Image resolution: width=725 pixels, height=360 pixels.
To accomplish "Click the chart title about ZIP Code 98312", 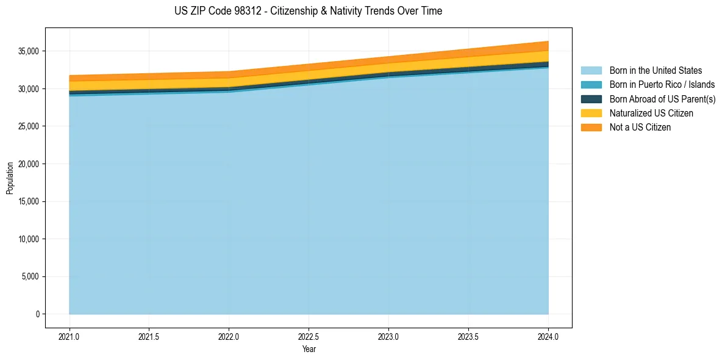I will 308,11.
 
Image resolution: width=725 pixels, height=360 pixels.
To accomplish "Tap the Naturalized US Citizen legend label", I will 651,113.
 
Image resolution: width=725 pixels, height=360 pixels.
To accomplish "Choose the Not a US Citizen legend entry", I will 640,128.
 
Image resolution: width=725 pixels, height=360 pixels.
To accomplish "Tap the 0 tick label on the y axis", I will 37,314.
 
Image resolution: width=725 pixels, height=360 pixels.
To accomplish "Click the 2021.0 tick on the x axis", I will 70,336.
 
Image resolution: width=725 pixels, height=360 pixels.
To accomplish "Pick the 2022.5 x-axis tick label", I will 309,336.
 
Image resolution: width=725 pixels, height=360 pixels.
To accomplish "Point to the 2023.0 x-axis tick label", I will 388,336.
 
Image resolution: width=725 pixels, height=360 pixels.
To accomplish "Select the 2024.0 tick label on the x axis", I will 548,336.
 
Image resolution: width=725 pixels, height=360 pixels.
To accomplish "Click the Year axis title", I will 309,350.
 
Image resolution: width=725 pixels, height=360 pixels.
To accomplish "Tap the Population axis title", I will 10,178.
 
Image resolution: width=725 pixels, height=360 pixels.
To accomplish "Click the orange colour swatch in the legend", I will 591,128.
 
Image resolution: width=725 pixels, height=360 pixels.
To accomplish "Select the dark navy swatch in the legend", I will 591,99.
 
